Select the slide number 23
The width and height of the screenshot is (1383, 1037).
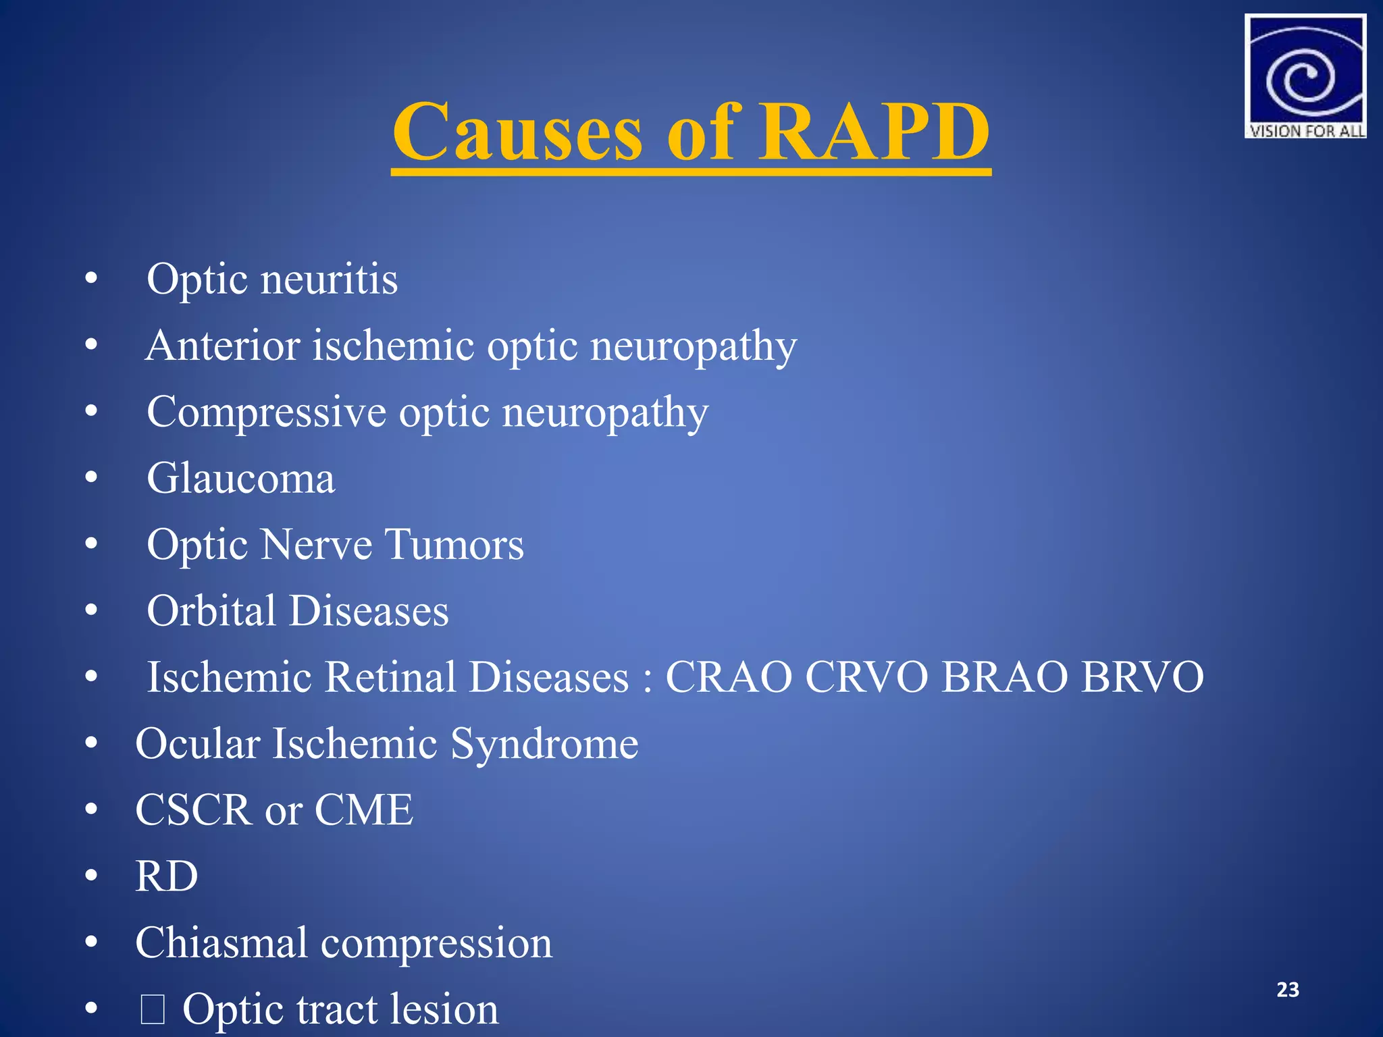coord(1288,990)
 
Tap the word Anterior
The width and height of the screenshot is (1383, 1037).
coord(223,346)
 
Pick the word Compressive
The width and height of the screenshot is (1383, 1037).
coord(266,413)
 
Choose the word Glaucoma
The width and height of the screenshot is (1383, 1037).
coord(240,479)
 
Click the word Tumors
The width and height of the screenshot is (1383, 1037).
coord(454,545)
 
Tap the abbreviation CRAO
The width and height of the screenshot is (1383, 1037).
coord(729,677)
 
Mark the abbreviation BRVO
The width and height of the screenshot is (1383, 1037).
coord(1142,677)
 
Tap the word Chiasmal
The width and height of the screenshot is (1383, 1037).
coord(221,942)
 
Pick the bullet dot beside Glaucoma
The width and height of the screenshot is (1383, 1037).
coord(92,478)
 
